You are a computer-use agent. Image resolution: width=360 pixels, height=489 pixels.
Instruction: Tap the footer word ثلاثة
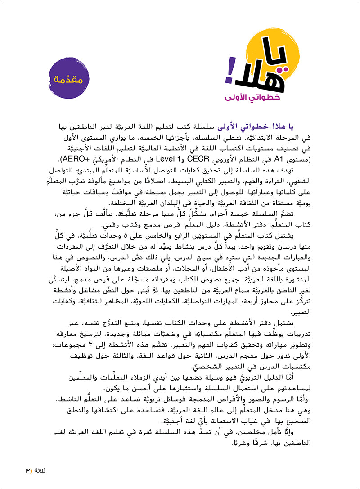coord(39,471)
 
